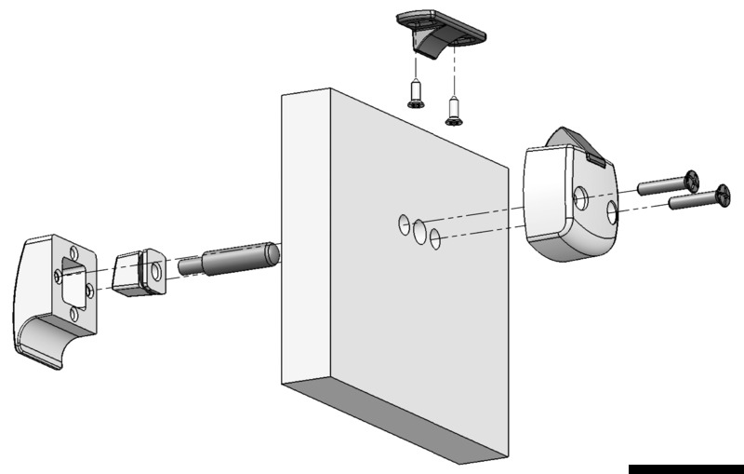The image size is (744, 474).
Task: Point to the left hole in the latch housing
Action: pyautogui.click(x=579, y=196)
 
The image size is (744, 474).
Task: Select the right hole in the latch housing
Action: pyautogui.click(x=613, y=213)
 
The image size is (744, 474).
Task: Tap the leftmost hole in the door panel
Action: pyautogui.click(x=404, y=223)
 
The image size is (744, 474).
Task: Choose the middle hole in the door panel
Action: pyautogui.click(x=420, y=231)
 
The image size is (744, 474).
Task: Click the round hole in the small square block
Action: pyautogui.click(x=155, y=271)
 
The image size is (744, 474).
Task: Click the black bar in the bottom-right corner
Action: pyautogui.click(x=685, y=468)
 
